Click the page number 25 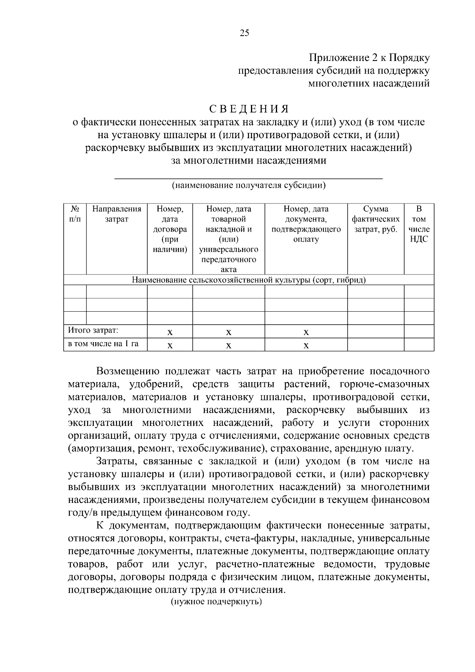(x=244, y=33)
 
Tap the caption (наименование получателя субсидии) (x=248, y=185)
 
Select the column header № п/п (x=75, y=214)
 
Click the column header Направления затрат (x=116, y=214)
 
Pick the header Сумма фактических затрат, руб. (x=375, y=219)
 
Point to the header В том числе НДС (x=419, y=224)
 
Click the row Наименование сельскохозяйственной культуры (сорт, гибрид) (x=249, y=280)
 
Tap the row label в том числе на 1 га (x=103, y=344)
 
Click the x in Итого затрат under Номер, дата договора (x=169, y=332)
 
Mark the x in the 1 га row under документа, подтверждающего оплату (x=306, y=345)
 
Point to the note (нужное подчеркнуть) (x=217, y=602)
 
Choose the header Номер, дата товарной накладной (x=228, y=219)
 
